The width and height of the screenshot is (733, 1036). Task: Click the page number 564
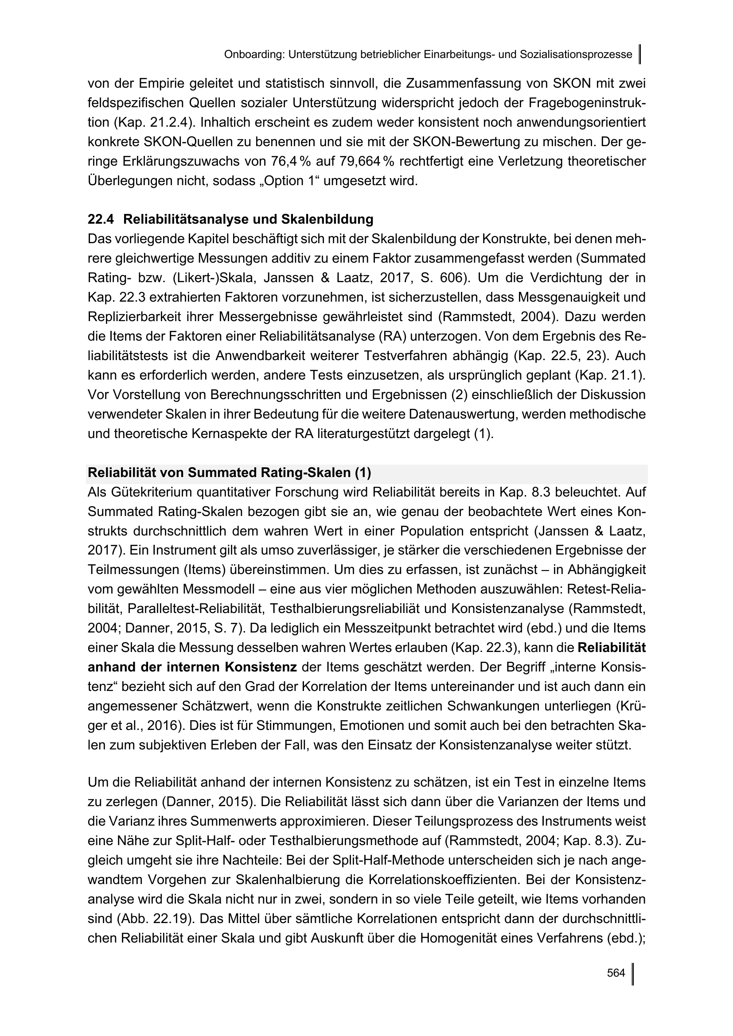click(x=616, y=973)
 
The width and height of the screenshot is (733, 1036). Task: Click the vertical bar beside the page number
click(x=632, y=974)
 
